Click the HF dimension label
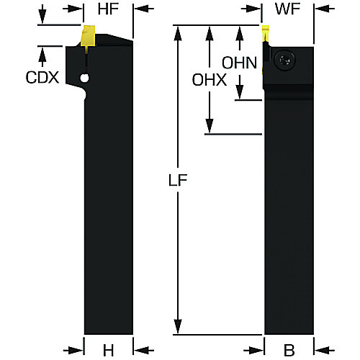click(108, 9)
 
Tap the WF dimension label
click(288, 9)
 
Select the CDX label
click(42, 78)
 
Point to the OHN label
click(239, 63)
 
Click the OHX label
click(210, 80)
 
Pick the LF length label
click(178, 180)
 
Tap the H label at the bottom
click(108, 351)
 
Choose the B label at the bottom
click(289, 351)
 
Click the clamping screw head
click(284, 60)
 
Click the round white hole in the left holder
click(84, 78)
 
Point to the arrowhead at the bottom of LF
click(178, 326)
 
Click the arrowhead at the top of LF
click(178, 33)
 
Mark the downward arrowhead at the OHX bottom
click(210, 126)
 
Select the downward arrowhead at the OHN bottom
click(239, 92)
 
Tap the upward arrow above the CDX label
click(42, 56)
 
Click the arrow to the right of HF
click(143, 9)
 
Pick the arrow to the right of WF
click(325, 9)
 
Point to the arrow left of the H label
click(73, 351)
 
